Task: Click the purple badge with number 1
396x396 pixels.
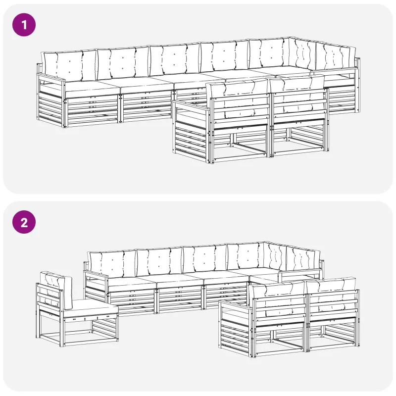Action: point(24,25)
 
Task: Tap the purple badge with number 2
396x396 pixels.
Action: point(24,222)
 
